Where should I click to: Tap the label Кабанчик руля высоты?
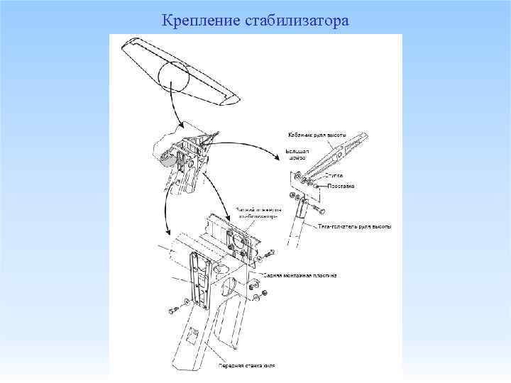tap(317, 135)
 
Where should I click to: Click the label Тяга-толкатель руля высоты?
tap(353, 226)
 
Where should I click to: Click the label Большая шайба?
tap(296, 154)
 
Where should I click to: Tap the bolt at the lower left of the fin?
tap(174, 310)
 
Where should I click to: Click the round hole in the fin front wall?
tap(230, 285)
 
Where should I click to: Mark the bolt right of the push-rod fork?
tap(321, 211)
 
